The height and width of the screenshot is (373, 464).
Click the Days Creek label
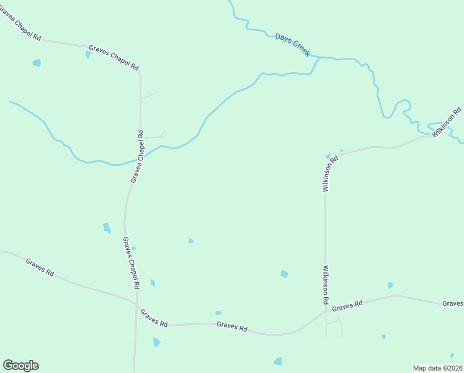[292, 46]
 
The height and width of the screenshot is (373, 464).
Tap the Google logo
[20, 366]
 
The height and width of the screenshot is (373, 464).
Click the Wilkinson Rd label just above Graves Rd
[325, 285]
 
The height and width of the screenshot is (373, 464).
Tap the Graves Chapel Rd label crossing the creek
[137, 156]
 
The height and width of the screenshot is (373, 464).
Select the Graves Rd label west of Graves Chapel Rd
[40, 267]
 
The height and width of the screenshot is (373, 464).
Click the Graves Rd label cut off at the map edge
[453, 303]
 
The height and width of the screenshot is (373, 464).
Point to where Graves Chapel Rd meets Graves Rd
[135, 305]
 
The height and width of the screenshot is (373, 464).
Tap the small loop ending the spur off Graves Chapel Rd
[164, 133]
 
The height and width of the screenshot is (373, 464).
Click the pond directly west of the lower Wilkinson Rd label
[284, 274]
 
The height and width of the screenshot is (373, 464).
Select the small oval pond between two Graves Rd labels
[218, 313]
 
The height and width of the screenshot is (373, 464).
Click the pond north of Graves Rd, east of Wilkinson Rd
[390, 285]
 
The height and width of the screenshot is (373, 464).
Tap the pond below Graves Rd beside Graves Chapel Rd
[156, 342]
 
